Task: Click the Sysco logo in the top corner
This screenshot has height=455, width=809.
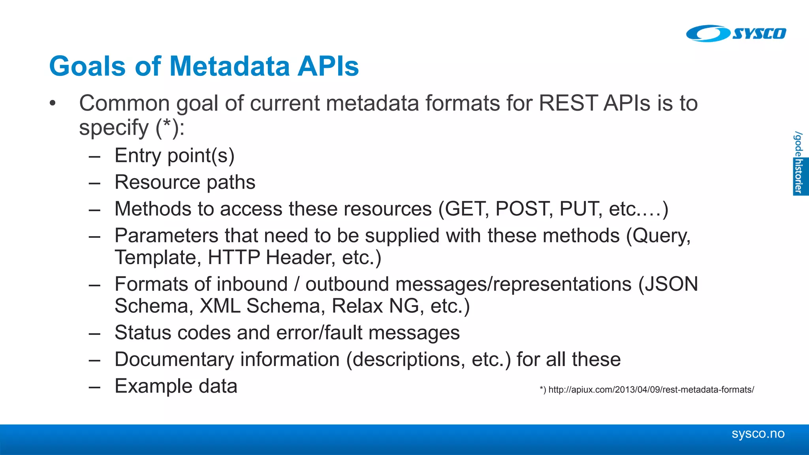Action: pyautogui.click(x=736, y=33)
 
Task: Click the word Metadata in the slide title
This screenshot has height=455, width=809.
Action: pyautogui.click(x=230, y=66)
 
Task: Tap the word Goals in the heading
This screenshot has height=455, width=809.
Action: pyautogui.click(x=87, y=66)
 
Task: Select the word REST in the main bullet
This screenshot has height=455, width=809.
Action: pyautogui.click(x=568, y=103)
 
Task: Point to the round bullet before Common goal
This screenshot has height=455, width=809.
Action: pyautogui.click(x=53, y=104)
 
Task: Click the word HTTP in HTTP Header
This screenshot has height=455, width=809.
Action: pyautogui.click(x=233, y=258)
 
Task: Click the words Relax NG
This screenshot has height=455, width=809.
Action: pyautogui.click(x=375, y=306)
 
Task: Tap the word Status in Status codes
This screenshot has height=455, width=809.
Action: pyautogui.click(x=143, y=333)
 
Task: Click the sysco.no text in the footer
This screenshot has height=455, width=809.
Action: pyautogui.click(x=758, y=434)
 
